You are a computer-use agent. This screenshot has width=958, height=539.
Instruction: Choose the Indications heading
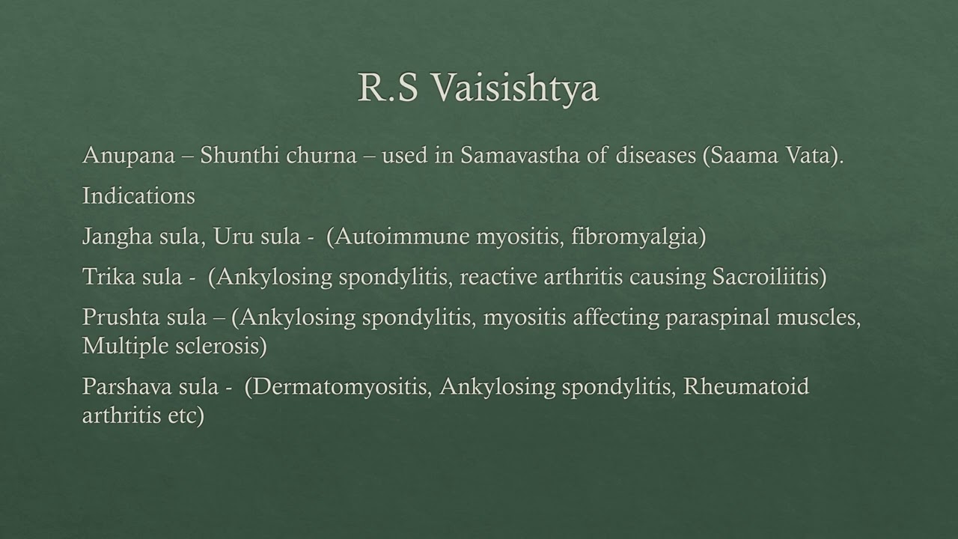(138, 196)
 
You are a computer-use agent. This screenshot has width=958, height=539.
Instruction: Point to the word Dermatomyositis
(341, 388)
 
